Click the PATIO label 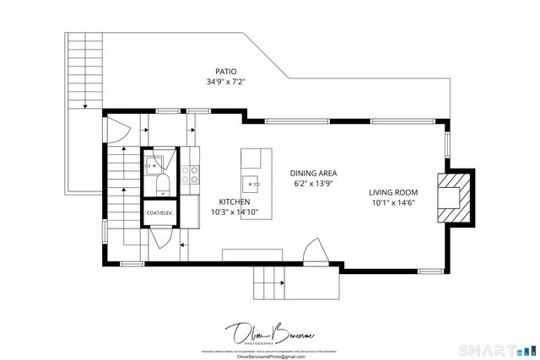point(225,72)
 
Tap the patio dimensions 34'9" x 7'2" point(225,83)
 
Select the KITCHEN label point(234,201)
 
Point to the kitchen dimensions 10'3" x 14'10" point(234,212)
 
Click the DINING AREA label point(314,172)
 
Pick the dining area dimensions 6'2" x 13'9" point(314,183)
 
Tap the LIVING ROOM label point(394,191)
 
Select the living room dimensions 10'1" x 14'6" point(394,202)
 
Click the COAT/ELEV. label point(159,213)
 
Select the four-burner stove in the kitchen point(192,175)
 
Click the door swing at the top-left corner point(121,131)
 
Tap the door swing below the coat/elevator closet point(160,244)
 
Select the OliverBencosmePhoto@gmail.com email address point(269,357)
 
